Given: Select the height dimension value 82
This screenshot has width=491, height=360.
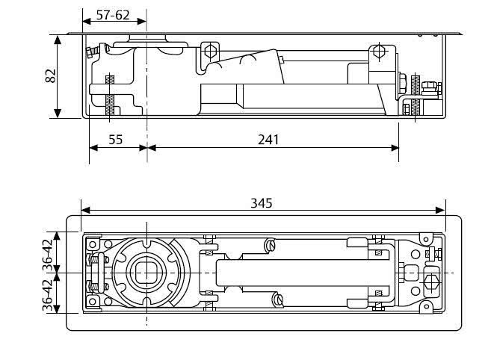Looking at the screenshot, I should tap(52, 76).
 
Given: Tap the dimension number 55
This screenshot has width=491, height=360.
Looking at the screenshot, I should tap(115, 138).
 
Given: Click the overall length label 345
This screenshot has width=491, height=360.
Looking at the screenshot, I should tap(262, 202).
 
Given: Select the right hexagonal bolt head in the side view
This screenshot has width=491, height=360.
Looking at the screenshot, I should tap(382, 53).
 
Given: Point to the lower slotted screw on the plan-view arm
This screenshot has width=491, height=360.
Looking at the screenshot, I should tap(280, 300).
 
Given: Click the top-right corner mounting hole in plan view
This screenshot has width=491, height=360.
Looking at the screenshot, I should tap(427, 238).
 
